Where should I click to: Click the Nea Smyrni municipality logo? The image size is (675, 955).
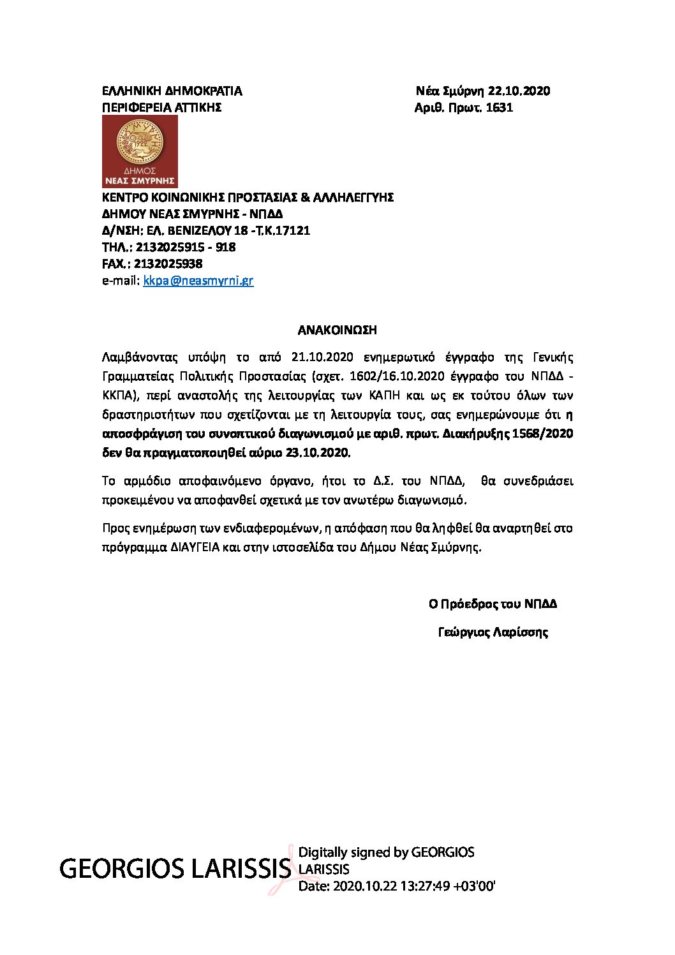140,151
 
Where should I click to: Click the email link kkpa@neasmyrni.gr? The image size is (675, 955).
198,280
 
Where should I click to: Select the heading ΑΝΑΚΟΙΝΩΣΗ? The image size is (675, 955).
337,330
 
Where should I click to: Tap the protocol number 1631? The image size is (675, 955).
500,107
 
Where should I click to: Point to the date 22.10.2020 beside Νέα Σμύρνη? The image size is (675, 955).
519,91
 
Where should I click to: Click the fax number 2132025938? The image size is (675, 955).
169,263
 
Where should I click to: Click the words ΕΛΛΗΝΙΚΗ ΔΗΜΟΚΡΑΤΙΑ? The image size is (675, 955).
172,91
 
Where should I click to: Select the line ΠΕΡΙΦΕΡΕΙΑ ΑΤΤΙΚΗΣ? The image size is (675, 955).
161,107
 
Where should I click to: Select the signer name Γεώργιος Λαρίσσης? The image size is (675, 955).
493,632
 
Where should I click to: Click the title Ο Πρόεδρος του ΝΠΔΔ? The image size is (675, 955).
493,603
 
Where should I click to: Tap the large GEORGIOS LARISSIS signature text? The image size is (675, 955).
175,868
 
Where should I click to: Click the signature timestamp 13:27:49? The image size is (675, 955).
424,886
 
